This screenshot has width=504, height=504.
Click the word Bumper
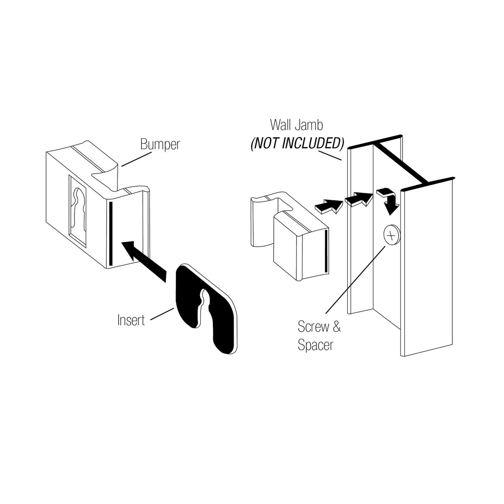click(x=160, y=145)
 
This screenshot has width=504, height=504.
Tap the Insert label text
click(x=131, y=320)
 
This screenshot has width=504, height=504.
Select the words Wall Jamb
click(x=296, y=125)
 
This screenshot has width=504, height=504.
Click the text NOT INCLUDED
click(x=297, y=143)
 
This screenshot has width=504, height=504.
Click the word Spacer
click(x=315, y=345)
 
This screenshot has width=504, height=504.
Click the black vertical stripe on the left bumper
click(x=111, y=233)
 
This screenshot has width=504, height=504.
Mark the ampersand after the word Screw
click(x=336, y=327)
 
